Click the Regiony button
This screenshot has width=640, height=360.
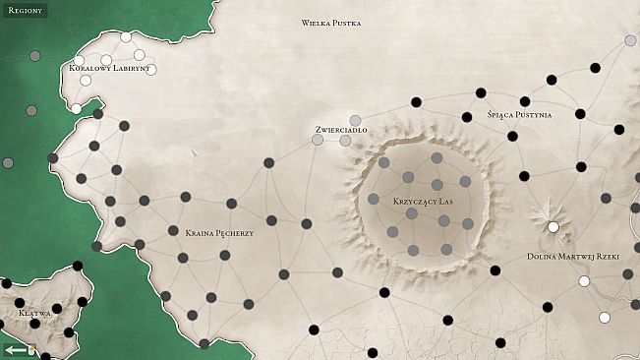23,10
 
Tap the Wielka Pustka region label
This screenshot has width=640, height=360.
331,23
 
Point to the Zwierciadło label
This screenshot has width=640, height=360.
341,129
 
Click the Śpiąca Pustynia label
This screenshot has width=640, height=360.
519,115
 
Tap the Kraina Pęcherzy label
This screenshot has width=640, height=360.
219,233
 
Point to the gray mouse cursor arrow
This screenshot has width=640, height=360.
195,152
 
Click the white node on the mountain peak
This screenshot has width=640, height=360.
553,227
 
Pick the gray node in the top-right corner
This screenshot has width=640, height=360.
630,40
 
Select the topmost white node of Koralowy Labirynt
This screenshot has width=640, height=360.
126,37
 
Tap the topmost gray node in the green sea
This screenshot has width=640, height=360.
35,56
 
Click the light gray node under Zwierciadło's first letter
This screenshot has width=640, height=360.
318,141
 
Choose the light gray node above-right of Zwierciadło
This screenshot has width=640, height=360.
355,120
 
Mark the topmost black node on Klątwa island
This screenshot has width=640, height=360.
78,265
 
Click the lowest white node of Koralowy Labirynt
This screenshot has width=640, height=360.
76,108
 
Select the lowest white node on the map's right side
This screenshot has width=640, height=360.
604,317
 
